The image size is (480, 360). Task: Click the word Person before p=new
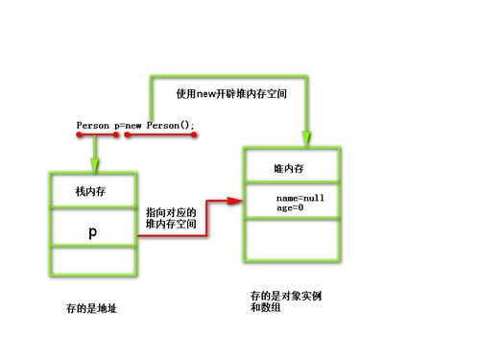93,126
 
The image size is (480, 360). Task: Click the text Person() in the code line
169,126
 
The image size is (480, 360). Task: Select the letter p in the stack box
92,232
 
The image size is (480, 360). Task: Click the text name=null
300,198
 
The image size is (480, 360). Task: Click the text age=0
290,207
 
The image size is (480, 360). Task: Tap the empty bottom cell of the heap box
292,239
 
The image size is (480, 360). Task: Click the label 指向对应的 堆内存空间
171,217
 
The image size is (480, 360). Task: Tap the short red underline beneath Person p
96,134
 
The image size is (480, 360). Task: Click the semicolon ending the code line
193,127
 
